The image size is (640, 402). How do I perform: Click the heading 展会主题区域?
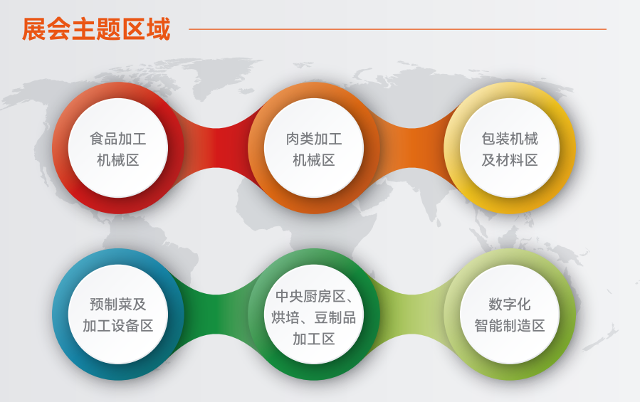(96, 29)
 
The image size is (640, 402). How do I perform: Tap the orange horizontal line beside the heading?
(397, 29)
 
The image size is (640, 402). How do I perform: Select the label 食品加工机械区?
(118, 149)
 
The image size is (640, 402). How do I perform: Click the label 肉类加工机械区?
(314, 149)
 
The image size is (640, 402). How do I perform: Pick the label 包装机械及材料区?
(510, 149)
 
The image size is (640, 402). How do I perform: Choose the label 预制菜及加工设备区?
(118, 315)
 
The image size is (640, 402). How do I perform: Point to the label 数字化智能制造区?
(510, 315)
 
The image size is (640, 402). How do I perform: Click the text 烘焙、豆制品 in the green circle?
(314, 317)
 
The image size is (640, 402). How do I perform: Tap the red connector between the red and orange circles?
(216, 148)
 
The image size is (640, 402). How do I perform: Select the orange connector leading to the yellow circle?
(412, 148)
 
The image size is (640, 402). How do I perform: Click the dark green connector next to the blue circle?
(216, 314)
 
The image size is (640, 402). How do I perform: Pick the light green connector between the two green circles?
(412, 314)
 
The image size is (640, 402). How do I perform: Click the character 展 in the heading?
(34, 29)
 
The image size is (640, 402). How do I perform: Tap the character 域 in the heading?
(158, 29)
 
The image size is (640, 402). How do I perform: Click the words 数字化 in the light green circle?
(510, 305)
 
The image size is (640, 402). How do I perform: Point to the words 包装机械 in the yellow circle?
(510, 139)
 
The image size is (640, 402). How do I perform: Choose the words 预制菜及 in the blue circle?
(118, 305)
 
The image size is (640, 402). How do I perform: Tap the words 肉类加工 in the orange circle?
(314, 139)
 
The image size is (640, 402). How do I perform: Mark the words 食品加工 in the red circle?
(118, 139)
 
